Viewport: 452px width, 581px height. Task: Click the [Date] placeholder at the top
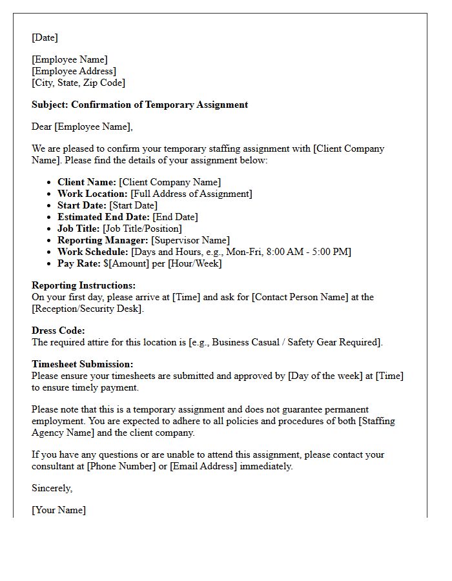45,38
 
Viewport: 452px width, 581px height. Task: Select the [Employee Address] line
74,72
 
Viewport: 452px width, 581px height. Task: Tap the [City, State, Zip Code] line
78,83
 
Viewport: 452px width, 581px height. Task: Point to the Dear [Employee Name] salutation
81,127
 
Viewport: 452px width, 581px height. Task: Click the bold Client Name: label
87,183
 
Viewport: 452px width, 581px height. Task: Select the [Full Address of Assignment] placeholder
191,194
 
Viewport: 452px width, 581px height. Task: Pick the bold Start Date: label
82,206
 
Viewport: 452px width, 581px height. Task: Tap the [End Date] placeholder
175,218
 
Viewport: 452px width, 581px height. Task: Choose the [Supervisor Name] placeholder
190,241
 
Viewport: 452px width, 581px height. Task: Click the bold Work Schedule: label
93,252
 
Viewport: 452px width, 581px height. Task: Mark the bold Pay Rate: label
79,264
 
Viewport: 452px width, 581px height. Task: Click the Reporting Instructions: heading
83,286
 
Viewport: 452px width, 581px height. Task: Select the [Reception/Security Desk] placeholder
87,309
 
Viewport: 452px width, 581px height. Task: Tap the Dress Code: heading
58,331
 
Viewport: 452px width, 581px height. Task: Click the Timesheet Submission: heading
83,365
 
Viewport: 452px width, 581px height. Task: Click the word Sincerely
52,489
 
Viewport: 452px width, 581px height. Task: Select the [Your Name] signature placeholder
59,511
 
